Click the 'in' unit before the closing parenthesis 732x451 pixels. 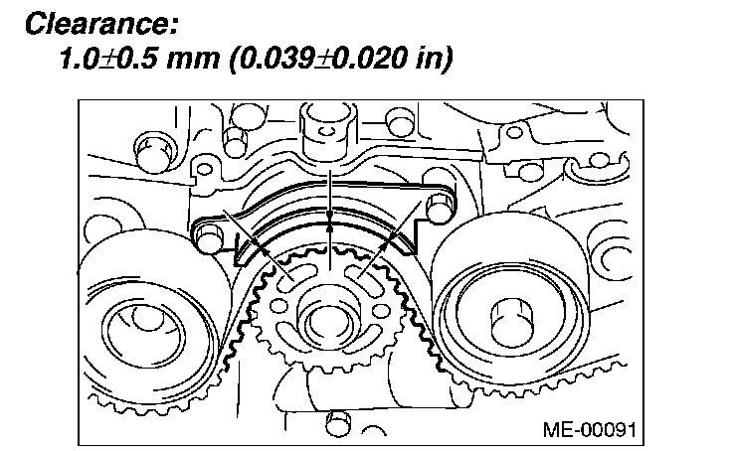coord(427,60)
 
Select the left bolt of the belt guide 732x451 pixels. coord(208,238)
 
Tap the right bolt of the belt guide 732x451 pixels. coord(438,208)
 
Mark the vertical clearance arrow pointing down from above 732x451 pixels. coord(329,189)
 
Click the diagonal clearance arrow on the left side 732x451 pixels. coord(253,239)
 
